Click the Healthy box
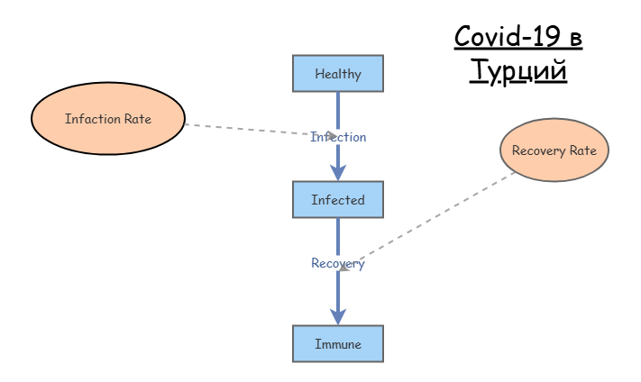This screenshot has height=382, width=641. click(338, 74)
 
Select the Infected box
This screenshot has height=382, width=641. click(338, 200)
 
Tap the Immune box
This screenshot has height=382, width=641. click(338, 344)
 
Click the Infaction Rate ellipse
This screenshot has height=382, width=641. click(108, 119)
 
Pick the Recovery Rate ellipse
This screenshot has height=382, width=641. click(554, 150)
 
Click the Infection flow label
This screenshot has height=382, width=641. click(338, 137)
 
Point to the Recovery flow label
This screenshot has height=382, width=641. click(338, 263)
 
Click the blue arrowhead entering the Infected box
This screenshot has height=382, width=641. click(338, 172)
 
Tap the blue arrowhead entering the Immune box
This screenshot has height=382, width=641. click(338, 316)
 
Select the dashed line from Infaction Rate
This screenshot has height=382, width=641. click(261, 130)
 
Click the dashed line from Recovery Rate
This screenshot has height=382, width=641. click(427, 221)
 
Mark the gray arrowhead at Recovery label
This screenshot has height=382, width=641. click(344, 267)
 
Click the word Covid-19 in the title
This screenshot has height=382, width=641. click(507, 36)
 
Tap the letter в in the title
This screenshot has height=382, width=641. click(575, 39)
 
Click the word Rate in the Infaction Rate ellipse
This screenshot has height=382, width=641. click(138, 119)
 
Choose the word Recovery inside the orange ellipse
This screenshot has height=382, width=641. click(539, 150)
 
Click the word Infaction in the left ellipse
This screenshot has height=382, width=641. click(93, 119)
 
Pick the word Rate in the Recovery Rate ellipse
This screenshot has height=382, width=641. click(583, 150)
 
